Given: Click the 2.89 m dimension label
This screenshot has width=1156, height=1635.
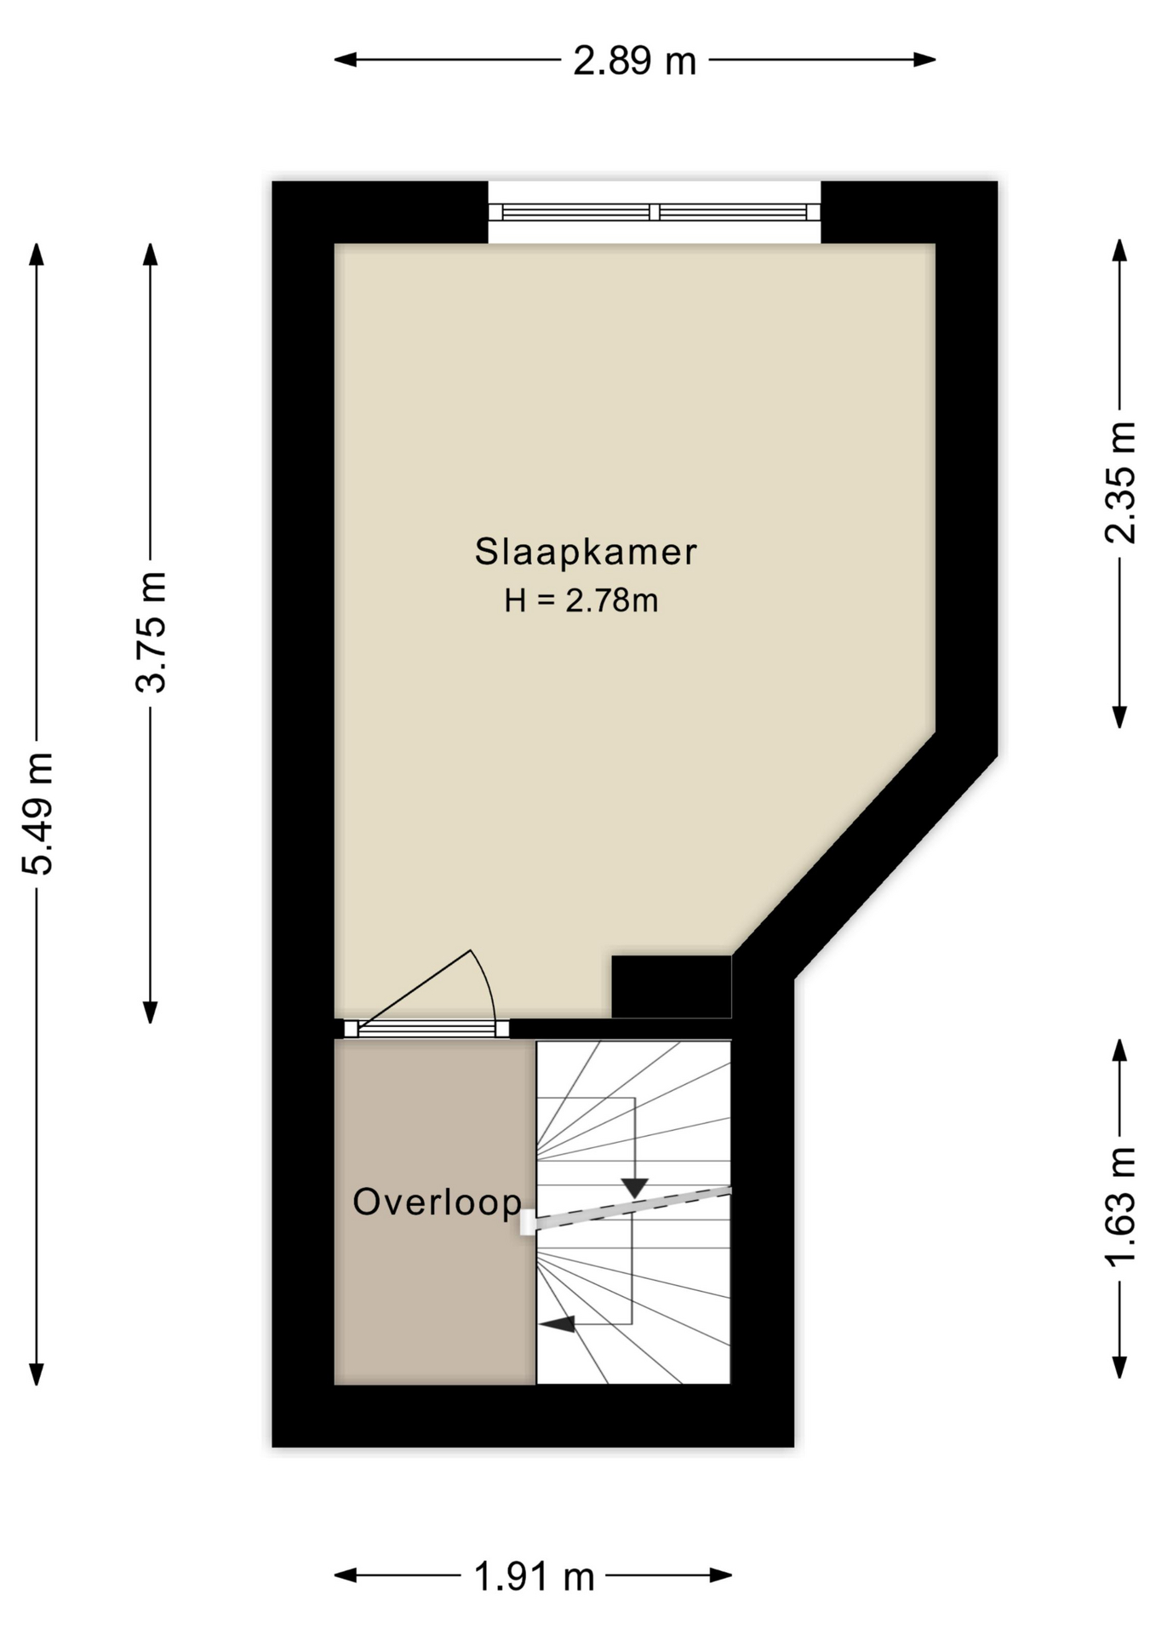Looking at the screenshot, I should [634, 61].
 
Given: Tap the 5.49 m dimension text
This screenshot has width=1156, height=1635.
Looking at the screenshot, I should [38, 813].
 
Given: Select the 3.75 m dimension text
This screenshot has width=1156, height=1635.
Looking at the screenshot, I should [152, 631].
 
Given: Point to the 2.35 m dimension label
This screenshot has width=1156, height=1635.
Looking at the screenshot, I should [1120, 482].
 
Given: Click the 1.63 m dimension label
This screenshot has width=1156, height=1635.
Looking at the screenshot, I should [1120, 1207].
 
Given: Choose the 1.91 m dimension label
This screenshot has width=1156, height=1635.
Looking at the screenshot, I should [534, 1577].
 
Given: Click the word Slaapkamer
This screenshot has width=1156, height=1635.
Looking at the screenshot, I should [586, 552].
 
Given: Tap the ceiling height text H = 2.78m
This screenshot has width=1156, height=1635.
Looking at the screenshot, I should [581, 601].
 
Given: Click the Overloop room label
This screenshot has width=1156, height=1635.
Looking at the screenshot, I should [437, 1202].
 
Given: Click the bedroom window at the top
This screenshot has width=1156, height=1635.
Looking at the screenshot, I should [654, 212].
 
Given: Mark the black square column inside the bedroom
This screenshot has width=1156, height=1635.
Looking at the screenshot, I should [672, 986].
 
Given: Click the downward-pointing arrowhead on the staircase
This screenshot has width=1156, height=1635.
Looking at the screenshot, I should [635, 1187].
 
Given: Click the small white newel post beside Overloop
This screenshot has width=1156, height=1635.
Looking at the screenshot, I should [528, 1223].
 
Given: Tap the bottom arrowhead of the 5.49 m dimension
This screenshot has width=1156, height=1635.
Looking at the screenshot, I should [36, 1373].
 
